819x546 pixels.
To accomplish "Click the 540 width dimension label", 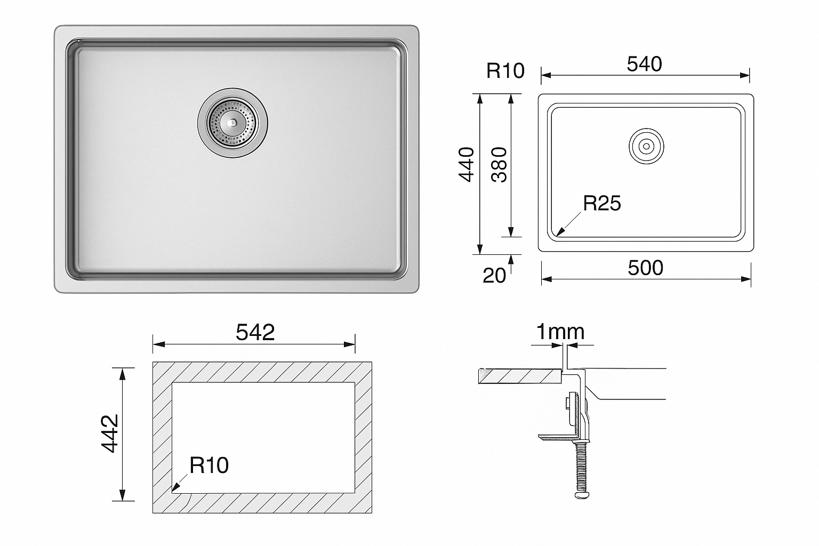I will click(x=644, y=65).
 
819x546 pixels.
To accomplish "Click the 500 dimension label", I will click(x=645, y=268).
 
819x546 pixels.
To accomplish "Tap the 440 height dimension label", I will click(x=467, y=165).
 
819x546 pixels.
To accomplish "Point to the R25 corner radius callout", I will click(x=602, y=203).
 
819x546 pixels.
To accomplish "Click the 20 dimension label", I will click(x=494, y=275).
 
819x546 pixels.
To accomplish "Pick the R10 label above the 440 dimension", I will click(x=505, y=70).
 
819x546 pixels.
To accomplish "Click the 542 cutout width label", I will click(x=255, y=333).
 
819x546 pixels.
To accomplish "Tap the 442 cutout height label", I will click(x=110, y=434).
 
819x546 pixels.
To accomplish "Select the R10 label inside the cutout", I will click(x=209, y=465).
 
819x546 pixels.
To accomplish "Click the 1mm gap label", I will click(x=560, y=332).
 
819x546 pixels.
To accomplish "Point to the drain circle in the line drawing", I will click(x=646, y=145).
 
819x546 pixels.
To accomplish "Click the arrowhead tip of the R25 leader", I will click(x=557, y=235).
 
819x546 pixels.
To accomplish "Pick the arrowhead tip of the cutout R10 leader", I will click(x=173, y=489).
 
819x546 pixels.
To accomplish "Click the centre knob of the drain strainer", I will click(x=232, y=122).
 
